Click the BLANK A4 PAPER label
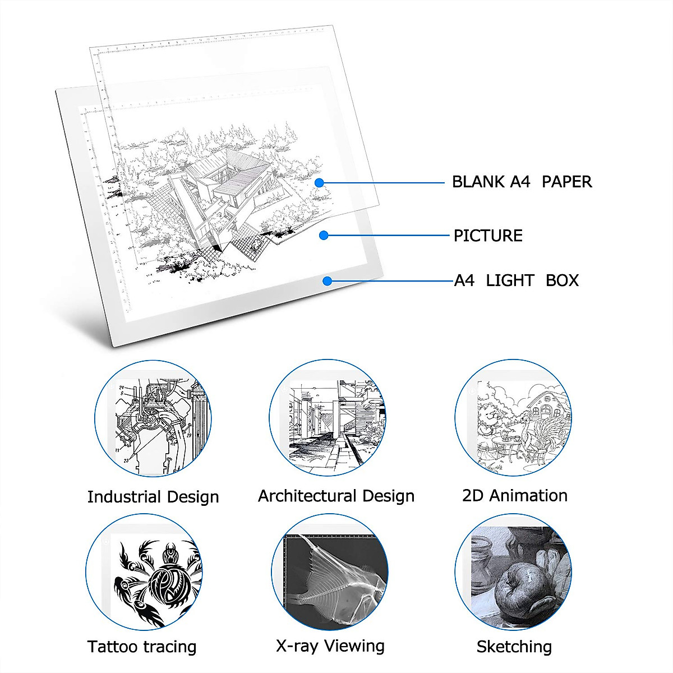[522, 182]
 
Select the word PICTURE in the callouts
[488, 236]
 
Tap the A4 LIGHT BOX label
[516, 280]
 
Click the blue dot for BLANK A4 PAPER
[319, 182]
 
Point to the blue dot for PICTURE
[324, 236]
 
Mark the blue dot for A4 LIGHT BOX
[328, 281]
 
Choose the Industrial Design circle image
[153, 418]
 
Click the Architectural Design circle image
[328, 418]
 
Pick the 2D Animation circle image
[513, 418]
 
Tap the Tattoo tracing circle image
[144, 572]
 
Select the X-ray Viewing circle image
[330, 572]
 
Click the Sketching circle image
[513, 572]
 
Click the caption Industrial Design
[153, 497]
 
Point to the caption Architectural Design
[336, 496]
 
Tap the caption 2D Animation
[515, 496]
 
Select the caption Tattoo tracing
[142, 647]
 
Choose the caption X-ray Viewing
[330, 646]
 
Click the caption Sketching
[514, 647]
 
